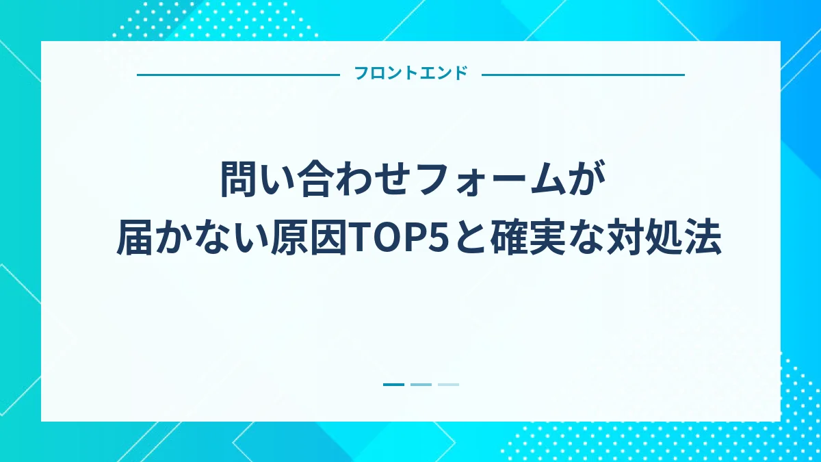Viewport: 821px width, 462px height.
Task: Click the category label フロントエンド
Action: [410, 74]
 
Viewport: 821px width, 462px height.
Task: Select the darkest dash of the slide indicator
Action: [394, 385]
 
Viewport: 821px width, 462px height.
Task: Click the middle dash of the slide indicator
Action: [421, 385]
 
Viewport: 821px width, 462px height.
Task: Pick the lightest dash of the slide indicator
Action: [448, 385]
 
